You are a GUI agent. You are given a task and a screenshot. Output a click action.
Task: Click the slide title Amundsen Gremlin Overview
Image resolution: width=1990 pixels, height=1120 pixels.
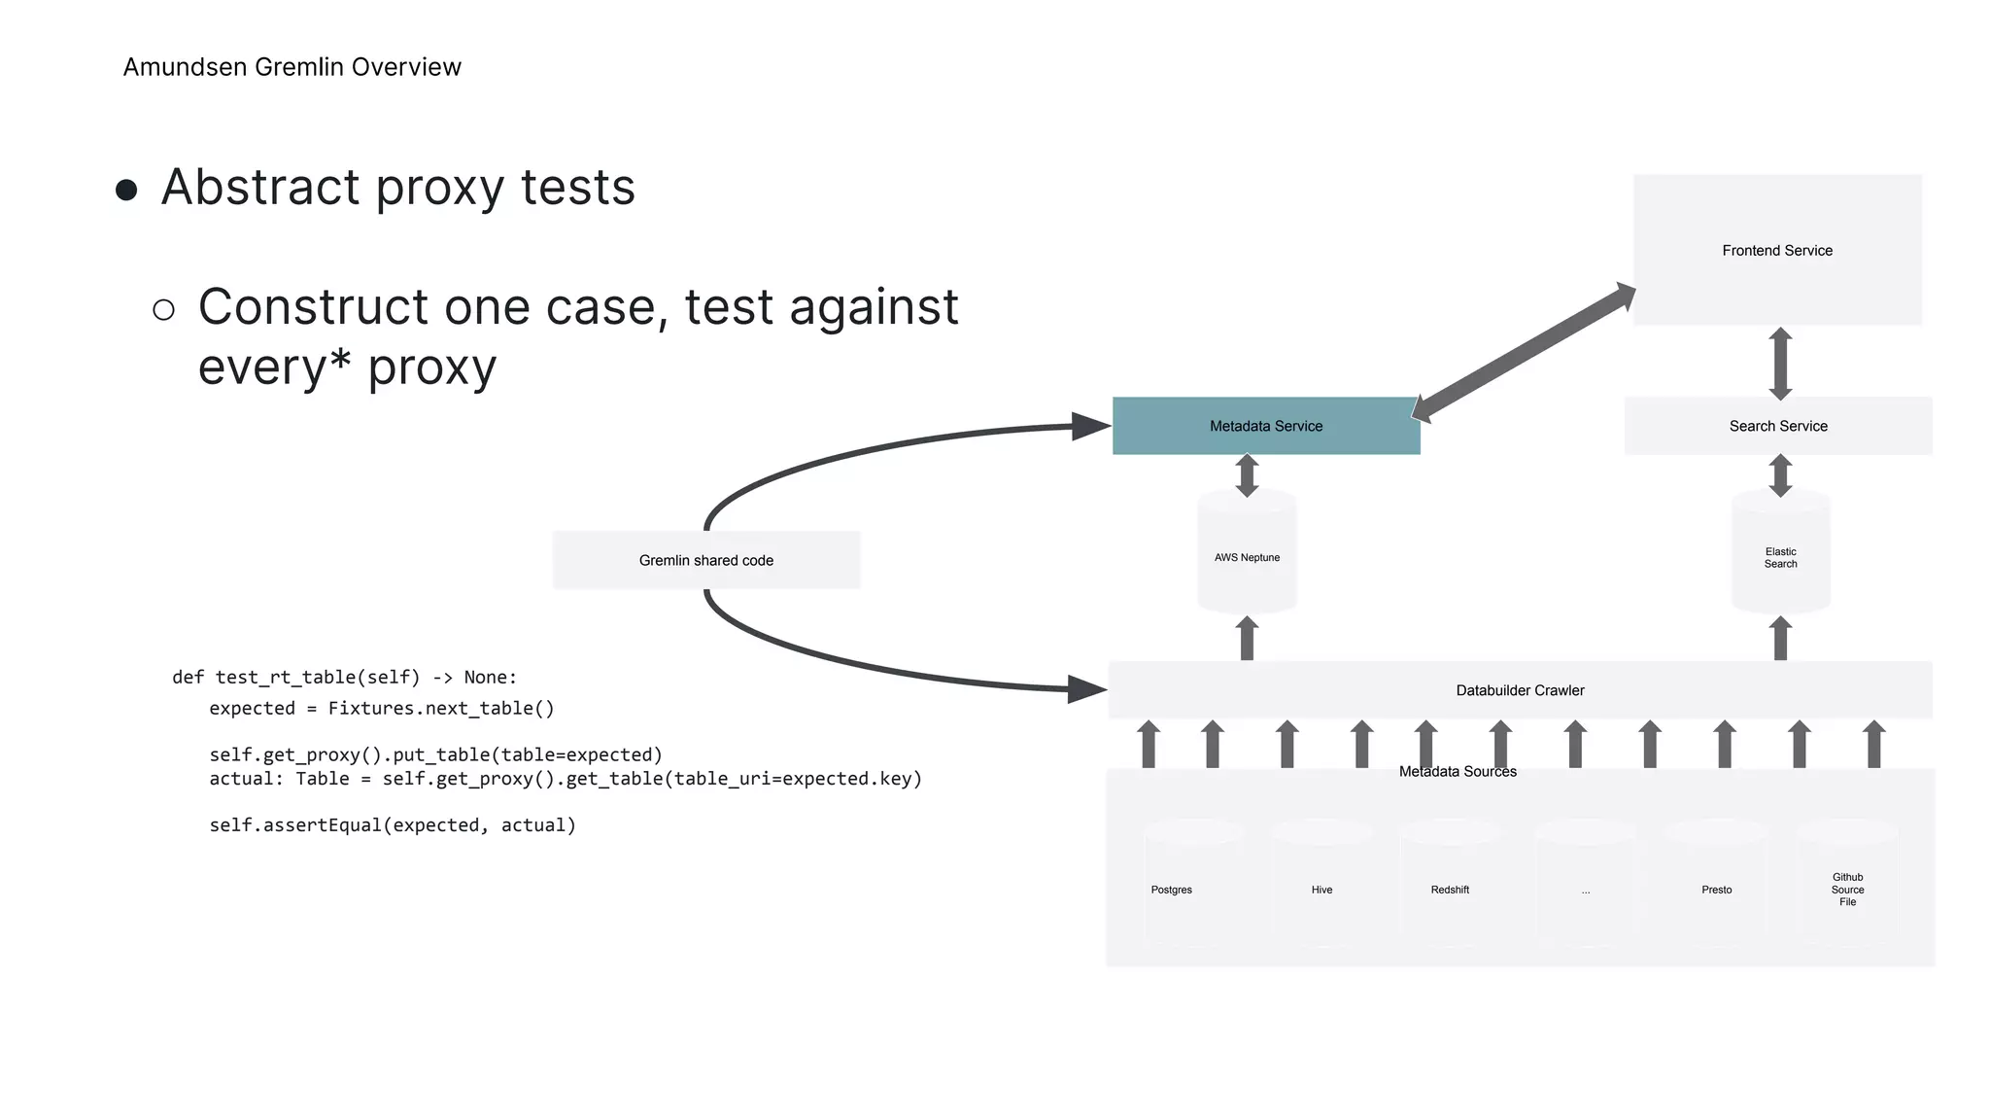(x=292, y=67)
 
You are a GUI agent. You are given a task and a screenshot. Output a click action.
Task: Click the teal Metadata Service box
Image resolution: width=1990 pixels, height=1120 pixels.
(x=1265, y=426)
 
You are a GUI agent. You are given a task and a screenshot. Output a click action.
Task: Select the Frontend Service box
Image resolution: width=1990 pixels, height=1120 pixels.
(x=1776, y=251)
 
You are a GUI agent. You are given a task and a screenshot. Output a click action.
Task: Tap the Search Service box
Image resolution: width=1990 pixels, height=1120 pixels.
(x=1777, y=426)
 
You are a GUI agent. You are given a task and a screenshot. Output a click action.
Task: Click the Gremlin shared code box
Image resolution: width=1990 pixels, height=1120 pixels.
(x=705, y=560)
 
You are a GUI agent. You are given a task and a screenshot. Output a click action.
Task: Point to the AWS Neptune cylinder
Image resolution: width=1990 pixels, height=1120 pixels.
(x=1247, y=557)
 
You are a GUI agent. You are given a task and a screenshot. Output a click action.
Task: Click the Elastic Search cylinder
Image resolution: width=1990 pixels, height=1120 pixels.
(x=1780, y=557)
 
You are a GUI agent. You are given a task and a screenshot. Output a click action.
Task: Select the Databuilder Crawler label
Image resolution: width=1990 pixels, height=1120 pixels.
(x=1519, y=690)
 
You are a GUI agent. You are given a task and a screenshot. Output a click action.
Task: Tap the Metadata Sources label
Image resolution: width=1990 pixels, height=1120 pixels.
(x=1457, y=772)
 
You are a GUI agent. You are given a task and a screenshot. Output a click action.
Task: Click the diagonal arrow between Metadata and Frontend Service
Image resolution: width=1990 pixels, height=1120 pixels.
(x=1523, y=352)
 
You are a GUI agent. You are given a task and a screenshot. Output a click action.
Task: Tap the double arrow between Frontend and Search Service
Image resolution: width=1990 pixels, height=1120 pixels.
(x=1780, y=364)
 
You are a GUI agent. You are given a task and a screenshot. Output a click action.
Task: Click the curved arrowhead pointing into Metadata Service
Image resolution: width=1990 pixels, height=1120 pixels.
(x=1090, y=426)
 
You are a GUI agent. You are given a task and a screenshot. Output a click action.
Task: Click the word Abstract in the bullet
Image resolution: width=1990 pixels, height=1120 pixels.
(x=259, y=187)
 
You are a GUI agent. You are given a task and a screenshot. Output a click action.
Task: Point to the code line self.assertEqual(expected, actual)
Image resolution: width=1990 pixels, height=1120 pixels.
(x=393, y=825)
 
